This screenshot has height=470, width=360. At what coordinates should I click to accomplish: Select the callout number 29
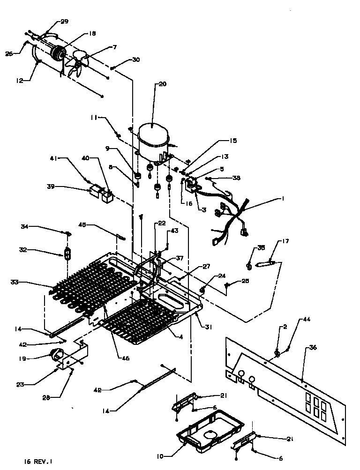(x=64, y=22)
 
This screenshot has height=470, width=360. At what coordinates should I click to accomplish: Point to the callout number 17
(x=285, y=241)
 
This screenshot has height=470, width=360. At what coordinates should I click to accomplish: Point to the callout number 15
(x=233, y=140)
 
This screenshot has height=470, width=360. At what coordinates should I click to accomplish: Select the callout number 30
(x=135, y=60)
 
